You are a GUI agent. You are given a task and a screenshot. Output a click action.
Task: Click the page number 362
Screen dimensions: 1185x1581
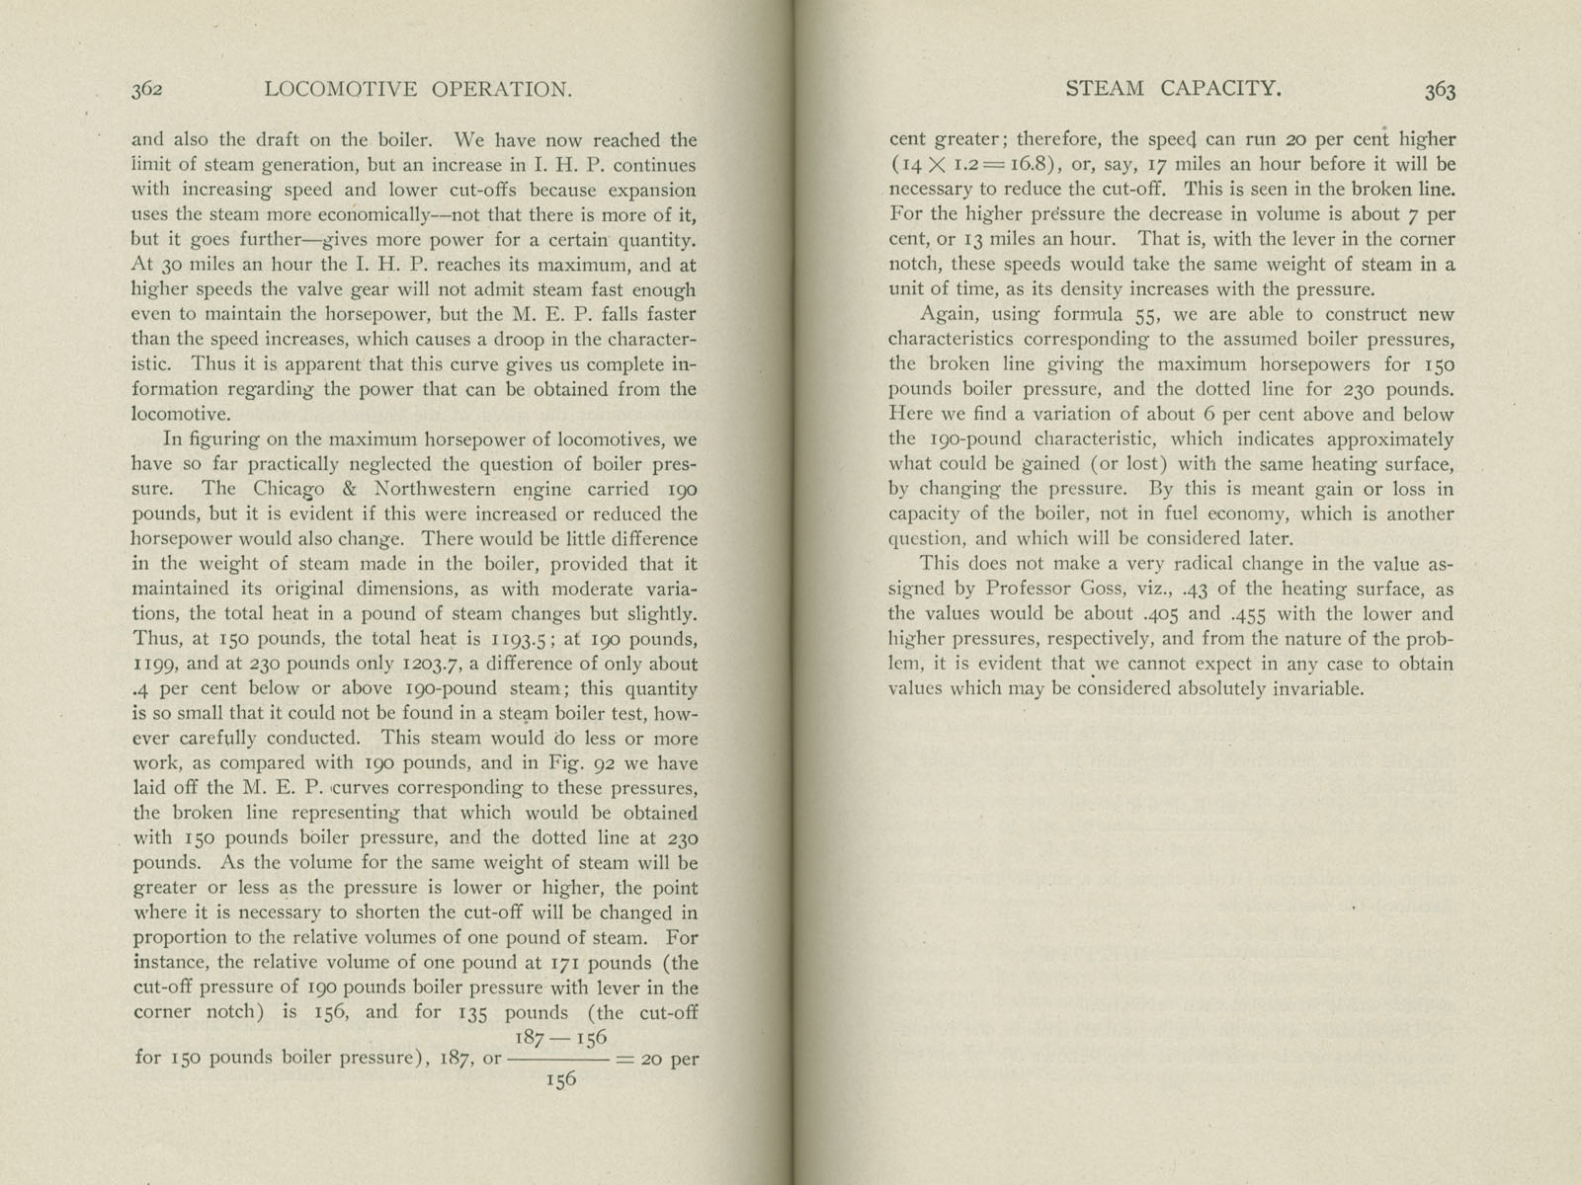(x=147, y=90)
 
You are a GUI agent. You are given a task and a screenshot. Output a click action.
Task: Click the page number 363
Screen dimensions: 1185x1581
(x=1440, y=90)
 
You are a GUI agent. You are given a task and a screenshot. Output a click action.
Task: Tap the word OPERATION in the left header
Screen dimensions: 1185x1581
(x=503, y=90)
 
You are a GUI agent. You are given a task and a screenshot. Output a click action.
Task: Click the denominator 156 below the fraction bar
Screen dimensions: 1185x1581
(x=559, y=1079)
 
